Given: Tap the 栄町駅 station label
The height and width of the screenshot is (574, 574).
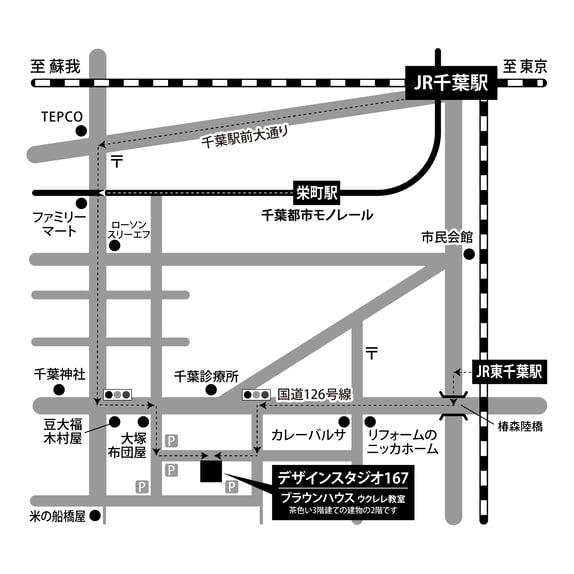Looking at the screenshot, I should (x=317, y=190).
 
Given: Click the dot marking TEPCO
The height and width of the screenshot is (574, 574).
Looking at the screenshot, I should (x=82, y=131).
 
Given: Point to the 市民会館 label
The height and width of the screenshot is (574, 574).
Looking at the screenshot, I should (x=446, y=238).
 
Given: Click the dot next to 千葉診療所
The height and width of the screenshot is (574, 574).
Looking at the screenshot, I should (x=211, y=390).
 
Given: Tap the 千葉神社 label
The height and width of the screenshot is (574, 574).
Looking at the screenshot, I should (x=60, y=374).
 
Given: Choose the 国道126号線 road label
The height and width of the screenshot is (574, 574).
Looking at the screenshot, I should (x=315, y=394).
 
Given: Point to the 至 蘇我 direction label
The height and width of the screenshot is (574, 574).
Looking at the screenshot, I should (x=54, y=67).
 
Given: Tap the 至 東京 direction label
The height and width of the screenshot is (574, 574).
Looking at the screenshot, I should (x=525, y=67).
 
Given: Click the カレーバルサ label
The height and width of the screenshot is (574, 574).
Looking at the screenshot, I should (x=308, y=437).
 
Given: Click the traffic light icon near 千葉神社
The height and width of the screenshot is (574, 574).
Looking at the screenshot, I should (x=118, y=393).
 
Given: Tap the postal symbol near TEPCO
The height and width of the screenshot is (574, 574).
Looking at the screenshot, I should (x=117, y=160).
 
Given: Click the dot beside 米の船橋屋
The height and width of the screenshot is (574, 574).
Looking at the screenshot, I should (x=96, y=517).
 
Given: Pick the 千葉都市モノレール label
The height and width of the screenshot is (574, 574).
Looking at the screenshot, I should (x=317, y=215).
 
